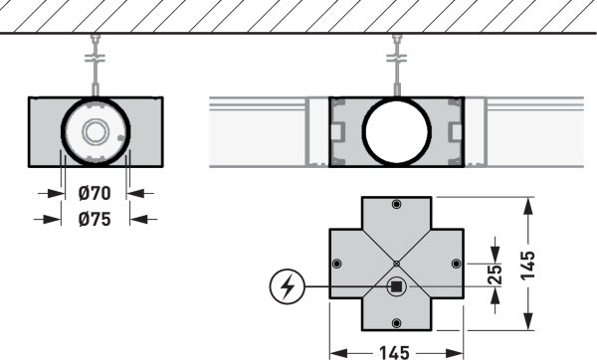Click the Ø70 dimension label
(95, 193)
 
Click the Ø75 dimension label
(95, 219)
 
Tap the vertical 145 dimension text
(527, 266)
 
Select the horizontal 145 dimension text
(394, 353)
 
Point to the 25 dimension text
(495, 274)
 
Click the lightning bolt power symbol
(288, 286)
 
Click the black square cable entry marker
(396, 286)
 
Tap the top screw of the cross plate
(396, 204)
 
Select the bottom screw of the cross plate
(396, 323)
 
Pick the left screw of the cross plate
(336, 264)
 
